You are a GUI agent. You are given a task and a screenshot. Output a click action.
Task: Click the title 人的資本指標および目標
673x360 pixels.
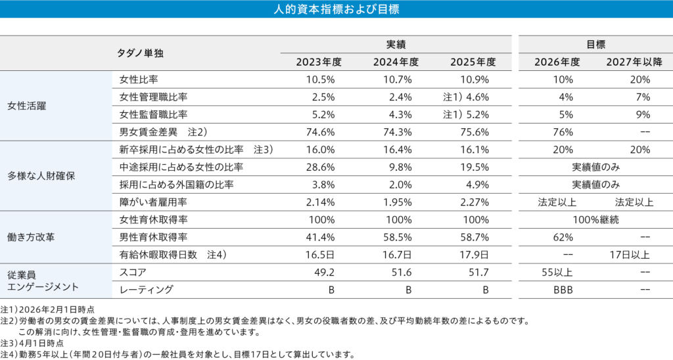tap(336, 10)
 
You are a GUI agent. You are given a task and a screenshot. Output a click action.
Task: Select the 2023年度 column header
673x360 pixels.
tap(319, 62)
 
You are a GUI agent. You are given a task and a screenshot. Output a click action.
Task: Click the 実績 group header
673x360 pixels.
tap(395, 45)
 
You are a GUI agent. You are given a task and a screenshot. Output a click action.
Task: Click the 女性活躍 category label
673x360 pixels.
tap(26, 106)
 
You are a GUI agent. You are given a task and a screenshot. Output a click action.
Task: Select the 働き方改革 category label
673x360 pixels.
tap(30, 237)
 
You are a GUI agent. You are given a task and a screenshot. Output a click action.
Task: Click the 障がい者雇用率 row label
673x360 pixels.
tap(152, 202)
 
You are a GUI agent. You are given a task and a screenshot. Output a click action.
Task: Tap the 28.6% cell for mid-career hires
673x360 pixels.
tap(321, 167)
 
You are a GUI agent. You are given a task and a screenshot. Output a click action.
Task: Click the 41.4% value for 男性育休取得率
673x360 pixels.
tap(321, 236)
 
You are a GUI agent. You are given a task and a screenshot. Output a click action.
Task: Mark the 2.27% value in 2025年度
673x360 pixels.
tap(474, 202)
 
